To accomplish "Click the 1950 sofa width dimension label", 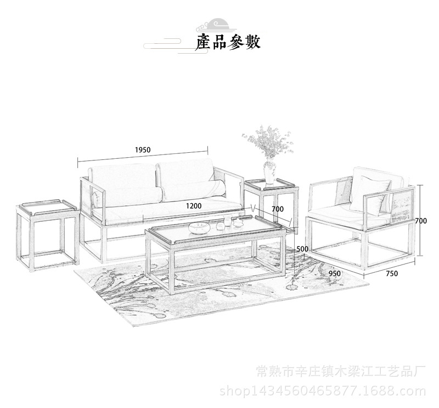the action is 143,150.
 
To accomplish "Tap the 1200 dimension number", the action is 194,206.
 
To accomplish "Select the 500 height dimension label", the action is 302,249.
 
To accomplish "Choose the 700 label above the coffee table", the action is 278,209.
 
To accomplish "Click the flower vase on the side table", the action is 269,172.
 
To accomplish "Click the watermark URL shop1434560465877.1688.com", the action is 323,391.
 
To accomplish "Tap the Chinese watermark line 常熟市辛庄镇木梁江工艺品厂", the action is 341,372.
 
